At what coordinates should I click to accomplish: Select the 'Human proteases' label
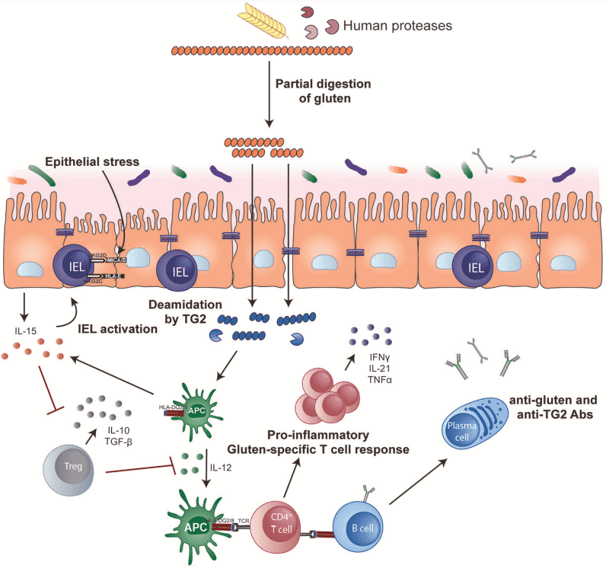click(x=397, y=25)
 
